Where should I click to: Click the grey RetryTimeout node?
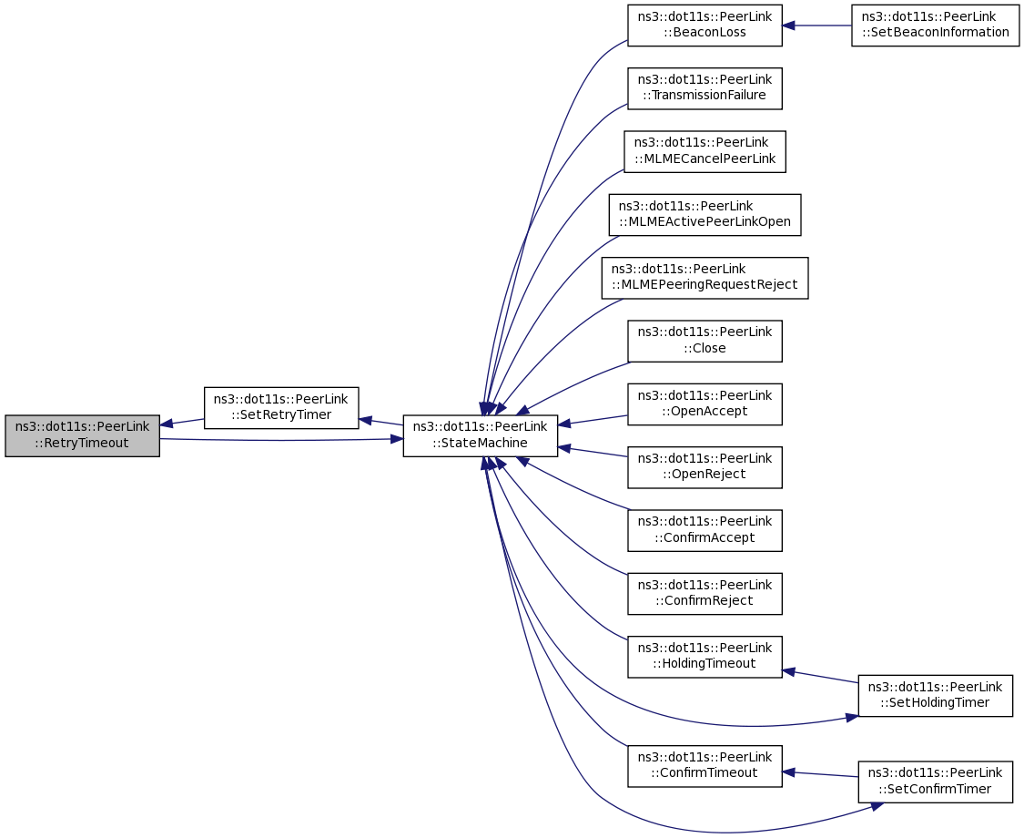click(82, 435)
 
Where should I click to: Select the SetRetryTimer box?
click(280, 408)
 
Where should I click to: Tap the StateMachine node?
click(480, 435)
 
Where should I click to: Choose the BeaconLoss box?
click(705, 26)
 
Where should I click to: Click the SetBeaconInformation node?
click(935, 26)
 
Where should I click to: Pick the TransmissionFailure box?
click(705, 88)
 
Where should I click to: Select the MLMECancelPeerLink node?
click(705, 151)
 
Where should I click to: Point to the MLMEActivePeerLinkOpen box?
click(705, 214)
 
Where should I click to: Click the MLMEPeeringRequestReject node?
click(705, 278)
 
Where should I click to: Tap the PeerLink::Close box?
click(705, 341)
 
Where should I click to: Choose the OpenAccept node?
click(705, 404)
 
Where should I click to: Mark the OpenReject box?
click(705, 466)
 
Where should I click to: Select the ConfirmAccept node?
click(705, 529)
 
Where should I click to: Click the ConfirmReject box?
click(705, 593)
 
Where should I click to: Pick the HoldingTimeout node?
click(705, 656)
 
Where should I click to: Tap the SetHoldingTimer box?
click(935, 696)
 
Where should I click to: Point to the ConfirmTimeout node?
click(705, 765)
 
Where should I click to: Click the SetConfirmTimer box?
click(935, 782)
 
